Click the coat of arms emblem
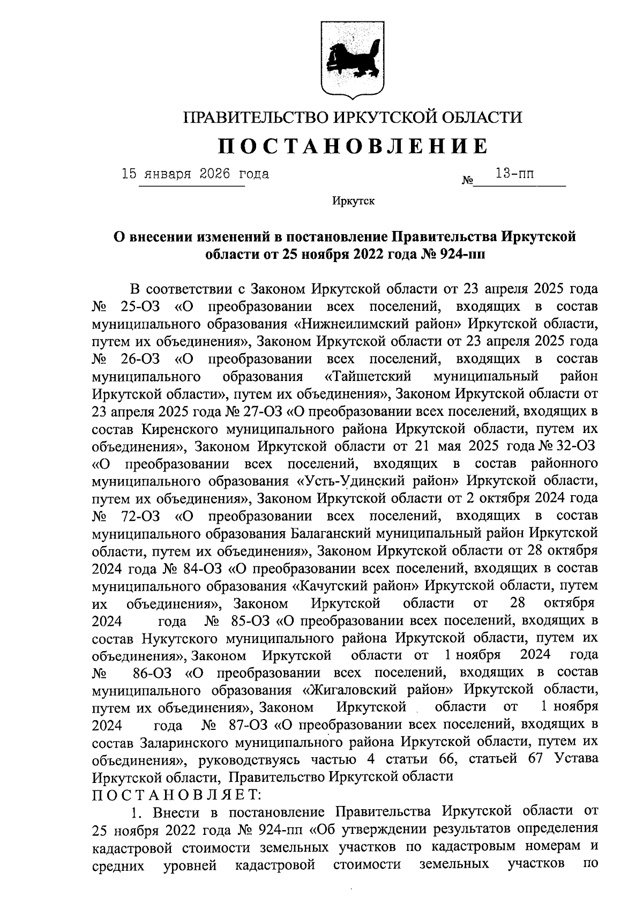pyautogui.click(x=352, y=59)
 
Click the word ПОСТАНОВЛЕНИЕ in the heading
pyautogui.click(x=352, y=146)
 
